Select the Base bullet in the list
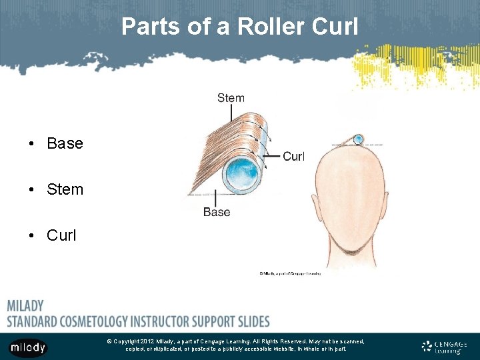point(65,143)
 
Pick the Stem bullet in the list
point(65,189)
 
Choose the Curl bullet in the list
point(61,235)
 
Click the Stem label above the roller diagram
point(231,98)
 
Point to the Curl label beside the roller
point(293,157)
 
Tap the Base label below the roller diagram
point(217,212)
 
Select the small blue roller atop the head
point(358,139)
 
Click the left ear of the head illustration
point(317,204)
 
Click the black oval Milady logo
point(27,347)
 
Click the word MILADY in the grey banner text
point(25,306)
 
